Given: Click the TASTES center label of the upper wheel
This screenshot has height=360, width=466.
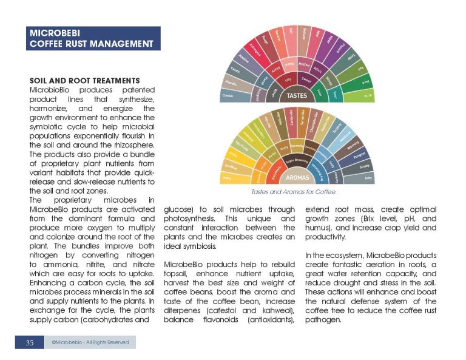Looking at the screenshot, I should click(x=297, y=95).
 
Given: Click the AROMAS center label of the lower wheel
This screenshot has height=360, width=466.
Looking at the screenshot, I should click(x=297, y=178).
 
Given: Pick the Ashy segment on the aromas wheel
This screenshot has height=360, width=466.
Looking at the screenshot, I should click(x=367, y=178).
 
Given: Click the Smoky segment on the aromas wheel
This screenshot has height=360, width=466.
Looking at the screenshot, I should click(x=364, y=166).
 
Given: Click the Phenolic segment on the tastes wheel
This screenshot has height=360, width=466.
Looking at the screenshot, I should click(x=231, y=83).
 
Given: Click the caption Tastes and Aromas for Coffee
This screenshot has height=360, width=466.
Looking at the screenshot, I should click(x=297, y=192).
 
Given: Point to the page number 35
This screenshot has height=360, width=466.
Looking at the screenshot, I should click(x=29, y=342).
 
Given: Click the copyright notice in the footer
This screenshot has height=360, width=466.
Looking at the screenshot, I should click(x=90, y=342).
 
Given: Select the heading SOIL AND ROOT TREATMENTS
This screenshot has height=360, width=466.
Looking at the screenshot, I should click(x=85, y=81).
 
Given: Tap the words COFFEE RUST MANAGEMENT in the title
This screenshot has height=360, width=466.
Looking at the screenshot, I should click(x=91, y=44).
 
